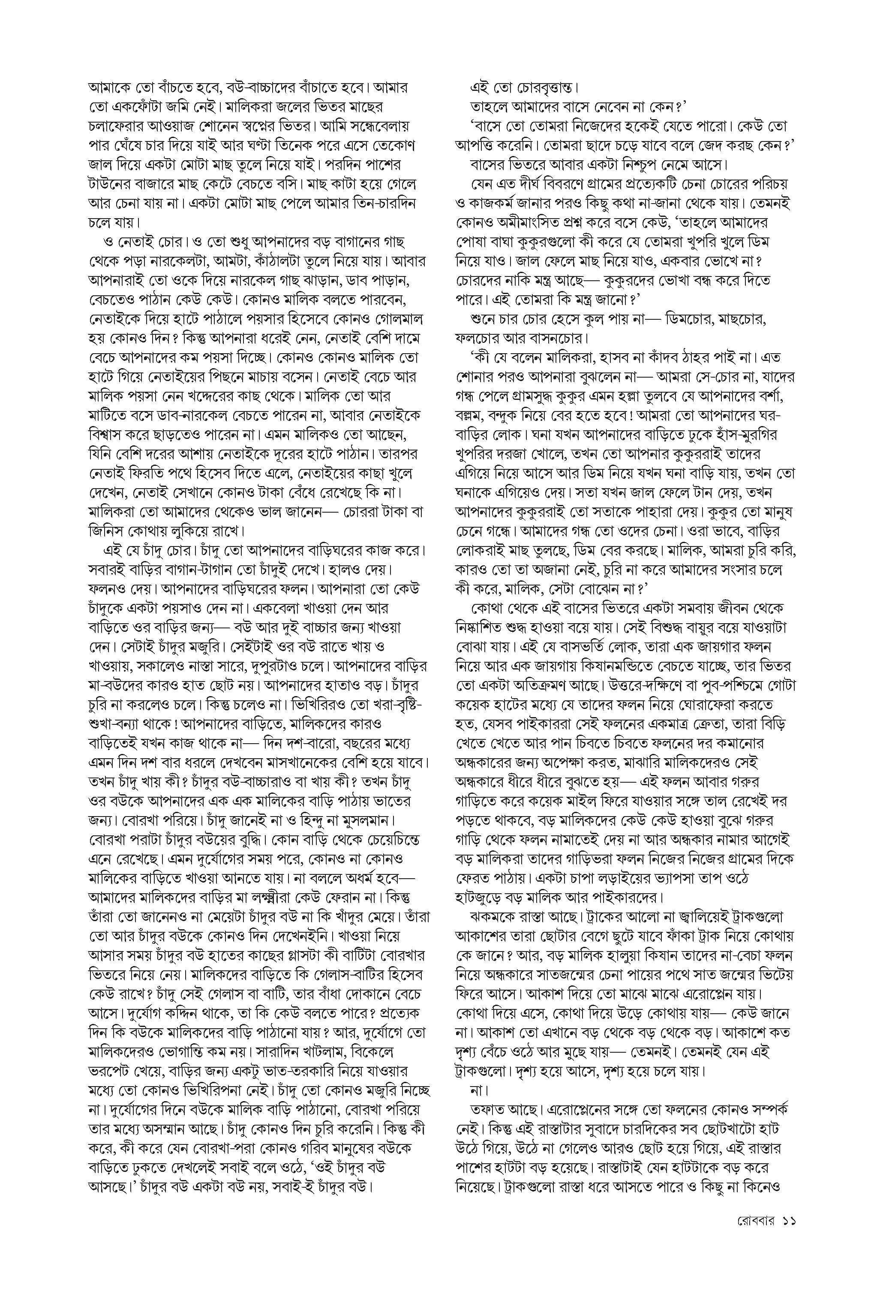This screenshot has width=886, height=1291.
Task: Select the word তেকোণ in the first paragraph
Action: (393, 146)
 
